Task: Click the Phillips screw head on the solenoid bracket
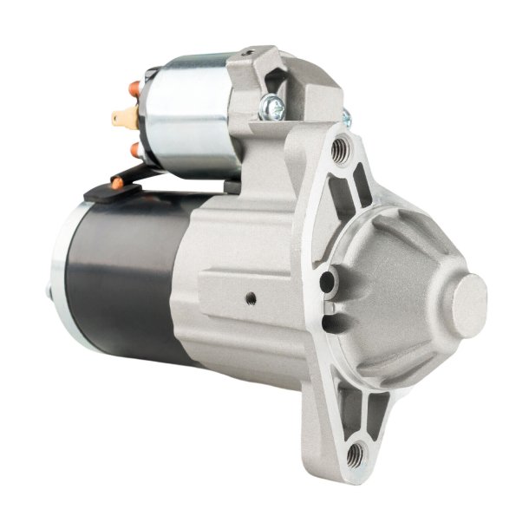271,108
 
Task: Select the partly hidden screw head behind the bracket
344,117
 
